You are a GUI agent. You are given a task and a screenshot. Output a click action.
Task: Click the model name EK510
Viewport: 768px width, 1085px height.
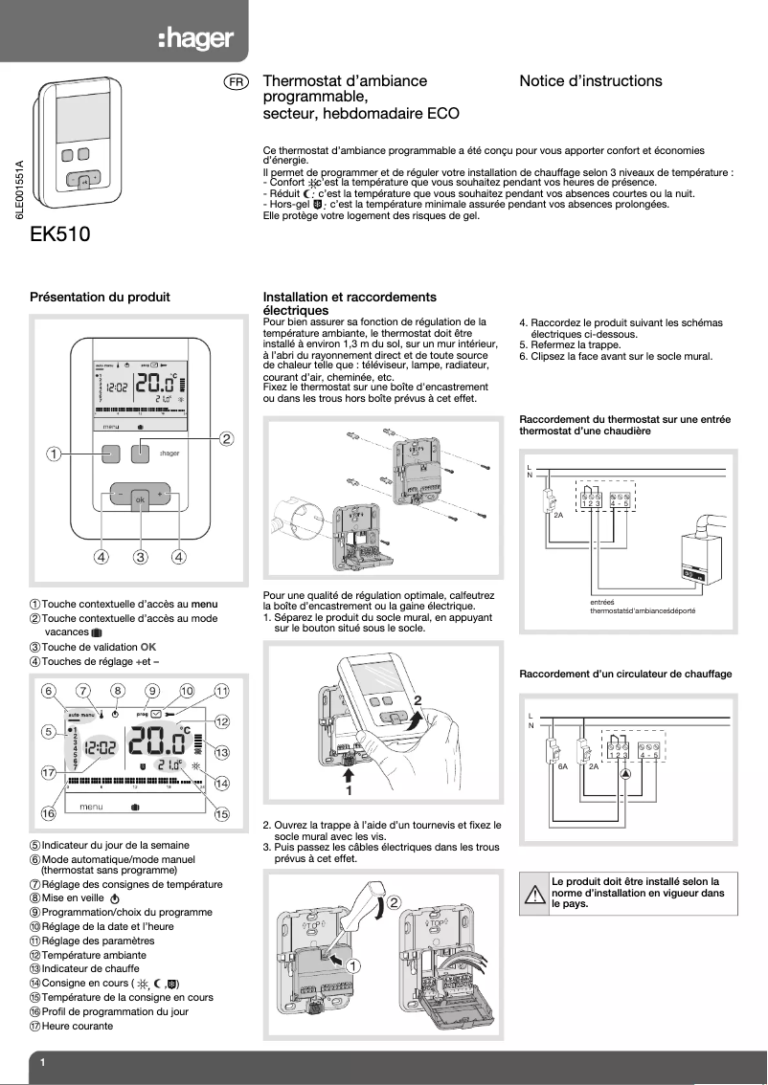[x=60, y=234]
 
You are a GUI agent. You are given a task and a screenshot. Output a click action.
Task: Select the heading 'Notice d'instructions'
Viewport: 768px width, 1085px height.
[x=590, y=81]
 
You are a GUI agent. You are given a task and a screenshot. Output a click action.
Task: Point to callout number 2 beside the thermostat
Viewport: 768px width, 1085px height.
[x=227, y=439]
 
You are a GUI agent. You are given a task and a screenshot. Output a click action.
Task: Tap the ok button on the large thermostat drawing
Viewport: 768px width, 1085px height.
[x=140, y=499]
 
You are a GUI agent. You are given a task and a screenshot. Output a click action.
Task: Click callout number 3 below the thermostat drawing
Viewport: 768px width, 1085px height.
[x=140, y=556]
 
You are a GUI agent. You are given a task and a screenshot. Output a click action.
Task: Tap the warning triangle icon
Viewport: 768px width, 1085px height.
[x=533, y=896]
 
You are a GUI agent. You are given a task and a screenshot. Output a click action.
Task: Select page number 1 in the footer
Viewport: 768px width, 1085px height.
[x=43, y=1064]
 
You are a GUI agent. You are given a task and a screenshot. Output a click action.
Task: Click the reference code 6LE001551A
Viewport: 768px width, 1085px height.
[x=18, y=190]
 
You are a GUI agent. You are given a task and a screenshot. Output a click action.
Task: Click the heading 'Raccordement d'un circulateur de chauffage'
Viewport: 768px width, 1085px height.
[x=624, y=675]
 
